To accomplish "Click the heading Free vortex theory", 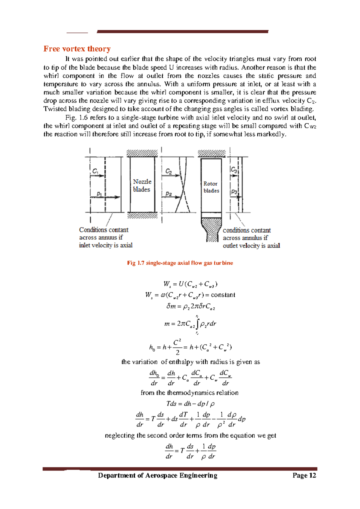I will point(77,49).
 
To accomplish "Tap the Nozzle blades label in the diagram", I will point(142,185).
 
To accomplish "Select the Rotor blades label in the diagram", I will point(211,187).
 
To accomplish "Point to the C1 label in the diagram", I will point(95,171).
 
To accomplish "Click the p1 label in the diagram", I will point(99,194).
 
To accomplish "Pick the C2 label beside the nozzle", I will point(169,171).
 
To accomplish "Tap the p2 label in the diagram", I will point(169,194).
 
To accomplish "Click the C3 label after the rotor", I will point(234,170).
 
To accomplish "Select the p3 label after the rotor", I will point(234,192).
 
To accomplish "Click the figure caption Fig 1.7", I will point(180,263).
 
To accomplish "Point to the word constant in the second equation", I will point(223,295).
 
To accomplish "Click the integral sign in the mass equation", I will point(197,324).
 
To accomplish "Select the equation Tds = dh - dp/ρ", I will point(190,404).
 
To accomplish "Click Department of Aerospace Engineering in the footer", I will point(157,475).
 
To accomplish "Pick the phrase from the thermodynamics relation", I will point(189,393).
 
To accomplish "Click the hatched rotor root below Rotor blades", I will point(212,230).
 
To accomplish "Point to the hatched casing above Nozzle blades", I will point(142,153).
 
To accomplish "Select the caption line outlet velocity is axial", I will point(251,246).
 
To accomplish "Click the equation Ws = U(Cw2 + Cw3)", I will point(190,284).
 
